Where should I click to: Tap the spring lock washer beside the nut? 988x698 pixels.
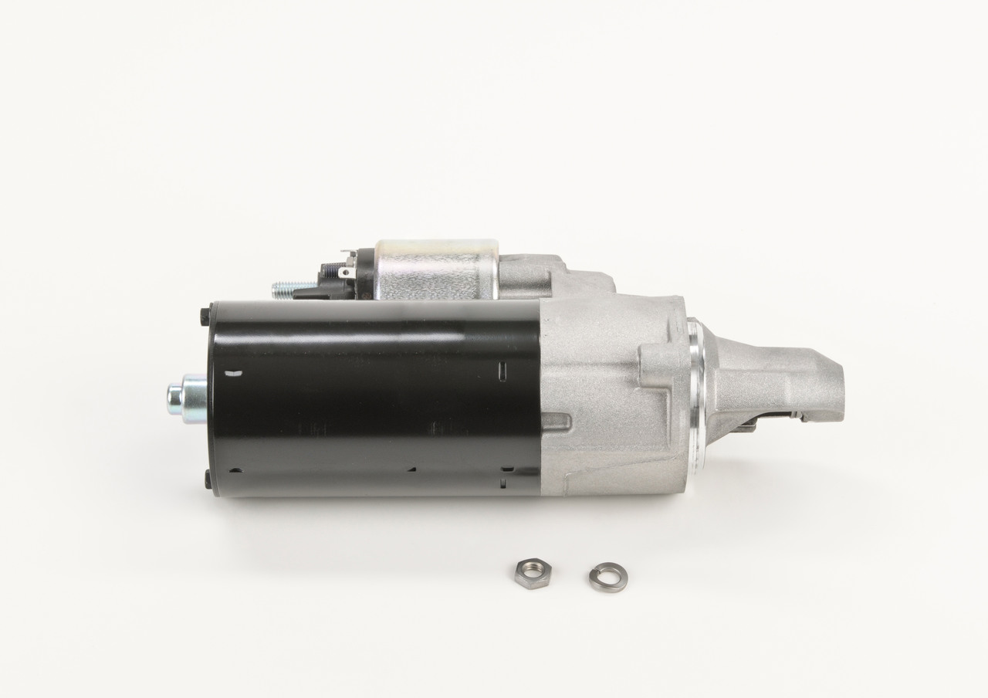(x=607, y=577)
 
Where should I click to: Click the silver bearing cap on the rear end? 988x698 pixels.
(x=186, y=395)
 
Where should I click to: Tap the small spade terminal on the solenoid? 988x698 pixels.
(x=347, y=271)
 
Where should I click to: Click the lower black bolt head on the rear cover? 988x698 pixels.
(x=208, y=479)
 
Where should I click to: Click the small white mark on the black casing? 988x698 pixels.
(x=235, y=374)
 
